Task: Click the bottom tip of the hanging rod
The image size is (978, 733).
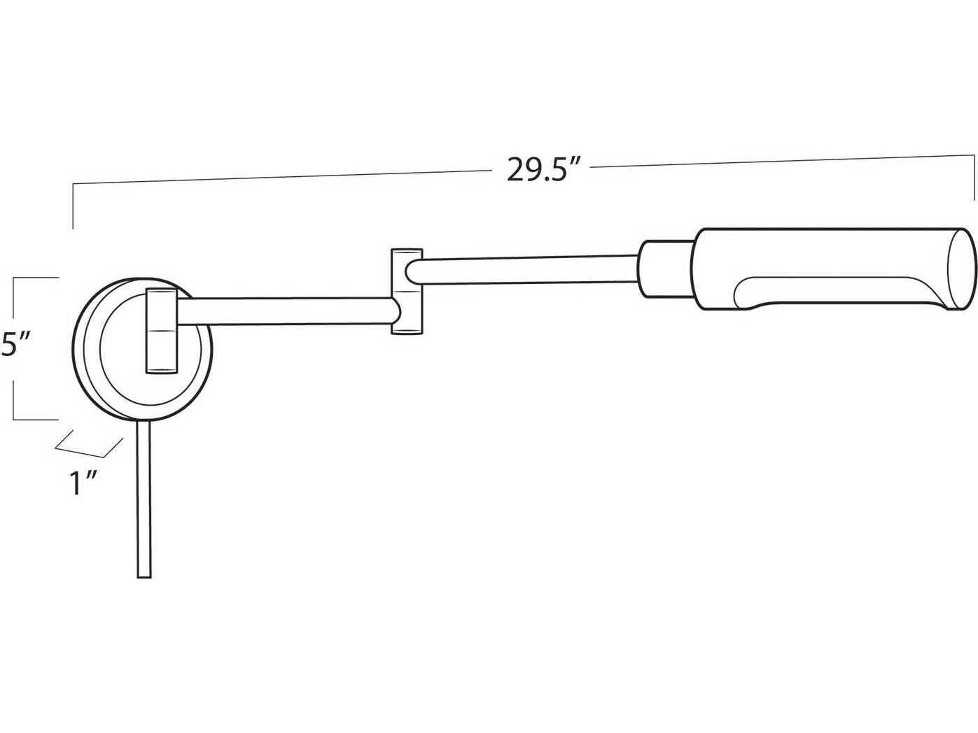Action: pyautogui.click(x=144, y=576)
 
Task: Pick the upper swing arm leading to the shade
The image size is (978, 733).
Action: pyautogui.click(x=522, y=270)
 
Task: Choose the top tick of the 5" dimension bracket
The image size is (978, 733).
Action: pyautogui.click(x=35, y=277)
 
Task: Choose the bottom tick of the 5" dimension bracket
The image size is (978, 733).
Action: pyautogui.click(x=35, y=419)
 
